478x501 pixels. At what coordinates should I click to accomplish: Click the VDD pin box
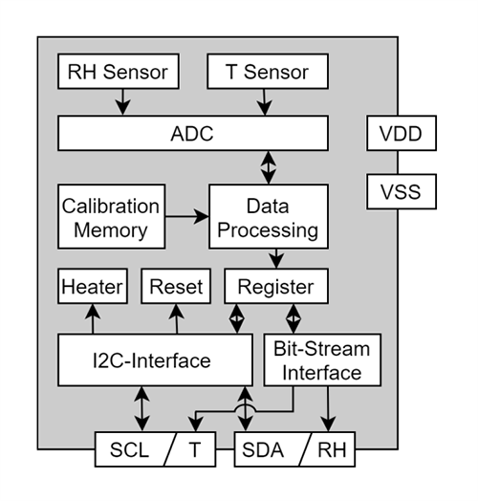point(401,133)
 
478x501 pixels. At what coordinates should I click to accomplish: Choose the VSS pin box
point(401,192)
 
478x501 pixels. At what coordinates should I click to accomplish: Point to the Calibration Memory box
point(110,217)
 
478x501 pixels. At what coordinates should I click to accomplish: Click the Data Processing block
point(268,217)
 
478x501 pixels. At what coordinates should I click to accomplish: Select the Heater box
point(93,286)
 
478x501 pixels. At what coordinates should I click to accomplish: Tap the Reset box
point(176,286)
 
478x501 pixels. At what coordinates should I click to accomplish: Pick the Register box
point(274,286)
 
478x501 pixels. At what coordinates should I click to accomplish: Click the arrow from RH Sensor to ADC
point(121,100)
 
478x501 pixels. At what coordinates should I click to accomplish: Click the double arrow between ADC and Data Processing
point(269,167)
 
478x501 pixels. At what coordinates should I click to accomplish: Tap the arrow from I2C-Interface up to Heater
point(93,317)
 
